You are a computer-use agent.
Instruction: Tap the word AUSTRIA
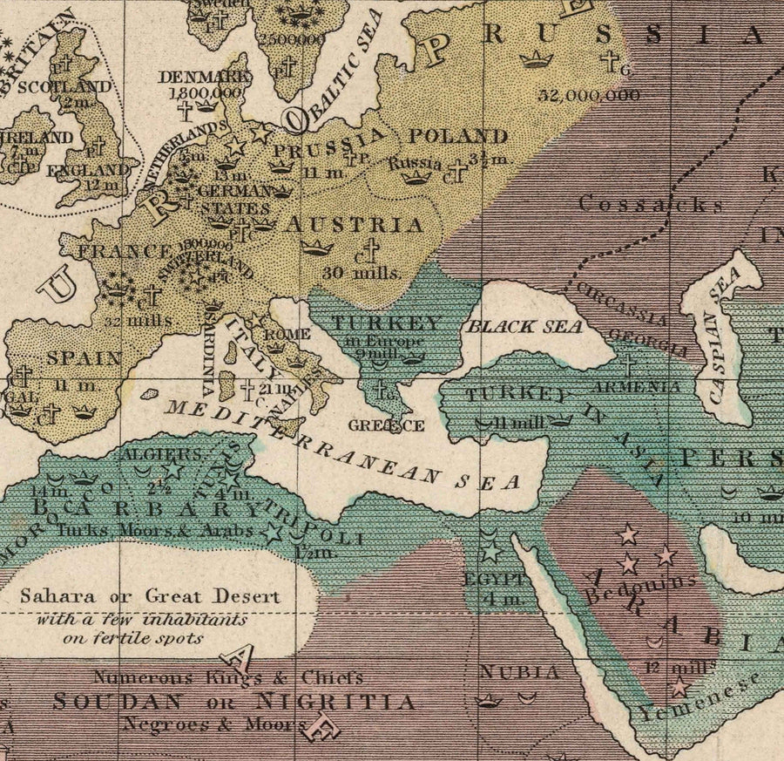point(355,225)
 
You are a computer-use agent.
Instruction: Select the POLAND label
point(458,136)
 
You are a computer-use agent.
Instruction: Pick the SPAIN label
point(84,357)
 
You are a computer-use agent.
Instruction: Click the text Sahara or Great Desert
point(150,597)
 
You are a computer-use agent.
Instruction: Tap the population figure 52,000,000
point(589,95)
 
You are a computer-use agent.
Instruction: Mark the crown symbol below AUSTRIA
point(318,247)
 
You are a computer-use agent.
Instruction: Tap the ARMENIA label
point(647,386)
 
